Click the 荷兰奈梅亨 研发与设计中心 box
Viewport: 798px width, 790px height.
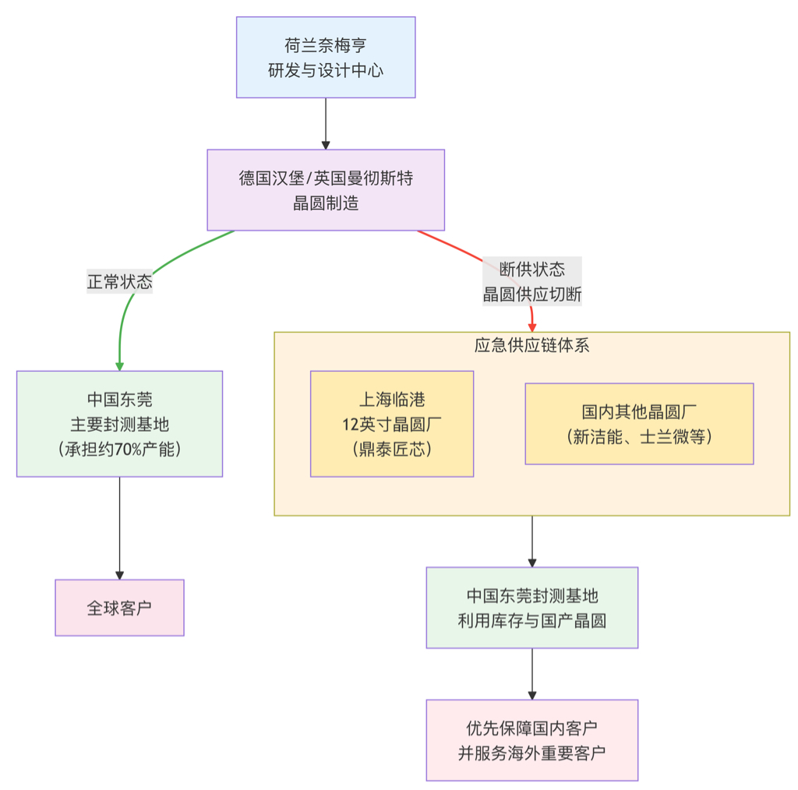(326, 58)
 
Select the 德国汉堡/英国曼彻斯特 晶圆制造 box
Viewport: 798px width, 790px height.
(326, 190)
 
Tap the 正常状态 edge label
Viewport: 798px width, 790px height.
(119, 282)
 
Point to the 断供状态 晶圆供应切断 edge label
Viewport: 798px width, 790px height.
(532, 282)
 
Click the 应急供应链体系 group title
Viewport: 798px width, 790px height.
(532, 345)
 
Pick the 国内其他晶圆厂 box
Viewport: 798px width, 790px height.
(639, 424)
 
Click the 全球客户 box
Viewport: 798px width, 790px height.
(119, 608)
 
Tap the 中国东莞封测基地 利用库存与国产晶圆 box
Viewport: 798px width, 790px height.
(532, 608)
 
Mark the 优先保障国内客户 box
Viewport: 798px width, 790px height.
(532, 740)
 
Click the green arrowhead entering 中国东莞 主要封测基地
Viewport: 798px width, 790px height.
(119, 365)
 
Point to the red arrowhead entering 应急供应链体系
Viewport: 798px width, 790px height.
(533, 326)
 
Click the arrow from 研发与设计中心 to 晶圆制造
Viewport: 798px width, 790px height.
(326, 123)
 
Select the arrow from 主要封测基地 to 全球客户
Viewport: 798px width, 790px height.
(119, 527)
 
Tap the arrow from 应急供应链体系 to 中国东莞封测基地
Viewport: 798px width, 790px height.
(532, 541)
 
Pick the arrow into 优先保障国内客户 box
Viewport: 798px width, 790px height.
(532, 673)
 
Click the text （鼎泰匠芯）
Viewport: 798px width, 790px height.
(392, 450)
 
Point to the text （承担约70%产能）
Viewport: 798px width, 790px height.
(119, 450)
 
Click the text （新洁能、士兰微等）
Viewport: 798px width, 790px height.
(639, 437)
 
